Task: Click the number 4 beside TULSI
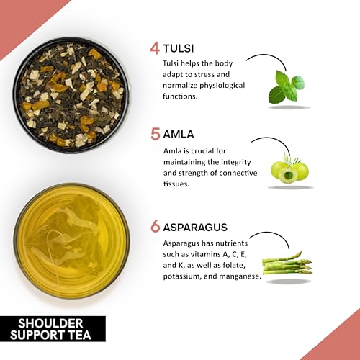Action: coord(154,48)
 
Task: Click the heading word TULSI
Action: coord(179,48)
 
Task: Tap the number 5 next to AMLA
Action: coord(156,134)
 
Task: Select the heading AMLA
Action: coord(179,134)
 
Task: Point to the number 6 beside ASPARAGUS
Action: coord(156,227)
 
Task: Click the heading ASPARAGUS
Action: coord(195,227)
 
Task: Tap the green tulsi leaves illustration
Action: coord(287,87)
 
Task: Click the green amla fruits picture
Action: coord(289,168)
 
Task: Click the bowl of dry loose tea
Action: coord(71,95)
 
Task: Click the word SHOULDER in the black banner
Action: coord(50,323)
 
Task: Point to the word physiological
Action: coord(222,86)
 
